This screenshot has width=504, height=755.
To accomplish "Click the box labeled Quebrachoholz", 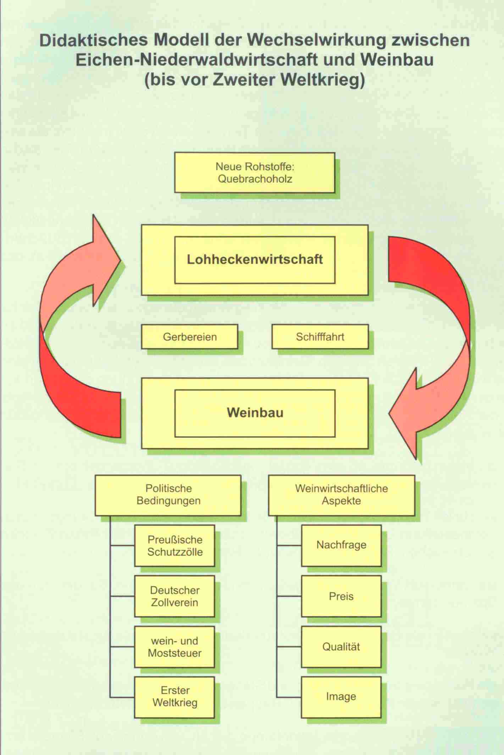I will click(254, 172).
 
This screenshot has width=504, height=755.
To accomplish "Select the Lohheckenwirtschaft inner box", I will click(254, 259).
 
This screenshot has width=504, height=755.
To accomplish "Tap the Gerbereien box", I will click(189, 336).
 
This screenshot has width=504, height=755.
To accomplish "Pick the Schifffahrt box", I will click(320, 336).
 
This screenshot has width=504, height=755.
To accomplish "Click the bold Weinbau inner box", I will click(255, 413).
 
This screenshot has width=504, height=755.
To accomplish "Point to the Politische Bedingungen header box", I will click(168, 495).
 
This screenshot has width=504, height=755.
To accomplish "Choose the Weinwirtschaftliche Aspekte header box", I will click(341, 495).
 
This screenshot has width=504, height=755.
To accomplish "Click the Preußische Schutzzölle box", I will click(175, 546).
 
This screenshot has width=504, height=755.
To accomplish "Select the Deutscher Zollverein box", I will click(175, 596).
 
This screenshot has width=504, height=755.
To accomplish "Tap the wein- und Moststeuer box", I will click(175, 647).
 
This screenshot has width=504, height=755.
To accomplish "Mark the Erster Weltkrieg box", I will click(175, 697).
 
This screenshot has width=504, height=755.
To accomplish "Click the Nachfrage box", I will click(341, 545).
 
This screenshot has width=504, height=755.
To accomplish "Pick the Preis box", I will click(341, 596).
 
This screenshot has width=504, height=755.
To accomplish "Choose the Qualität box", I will click(341, 647).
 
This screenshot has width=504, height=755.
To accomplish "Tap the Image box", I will click(341, 697).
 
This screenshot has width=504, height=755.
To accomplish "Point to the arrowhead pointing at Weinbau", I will click(404, 414).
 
